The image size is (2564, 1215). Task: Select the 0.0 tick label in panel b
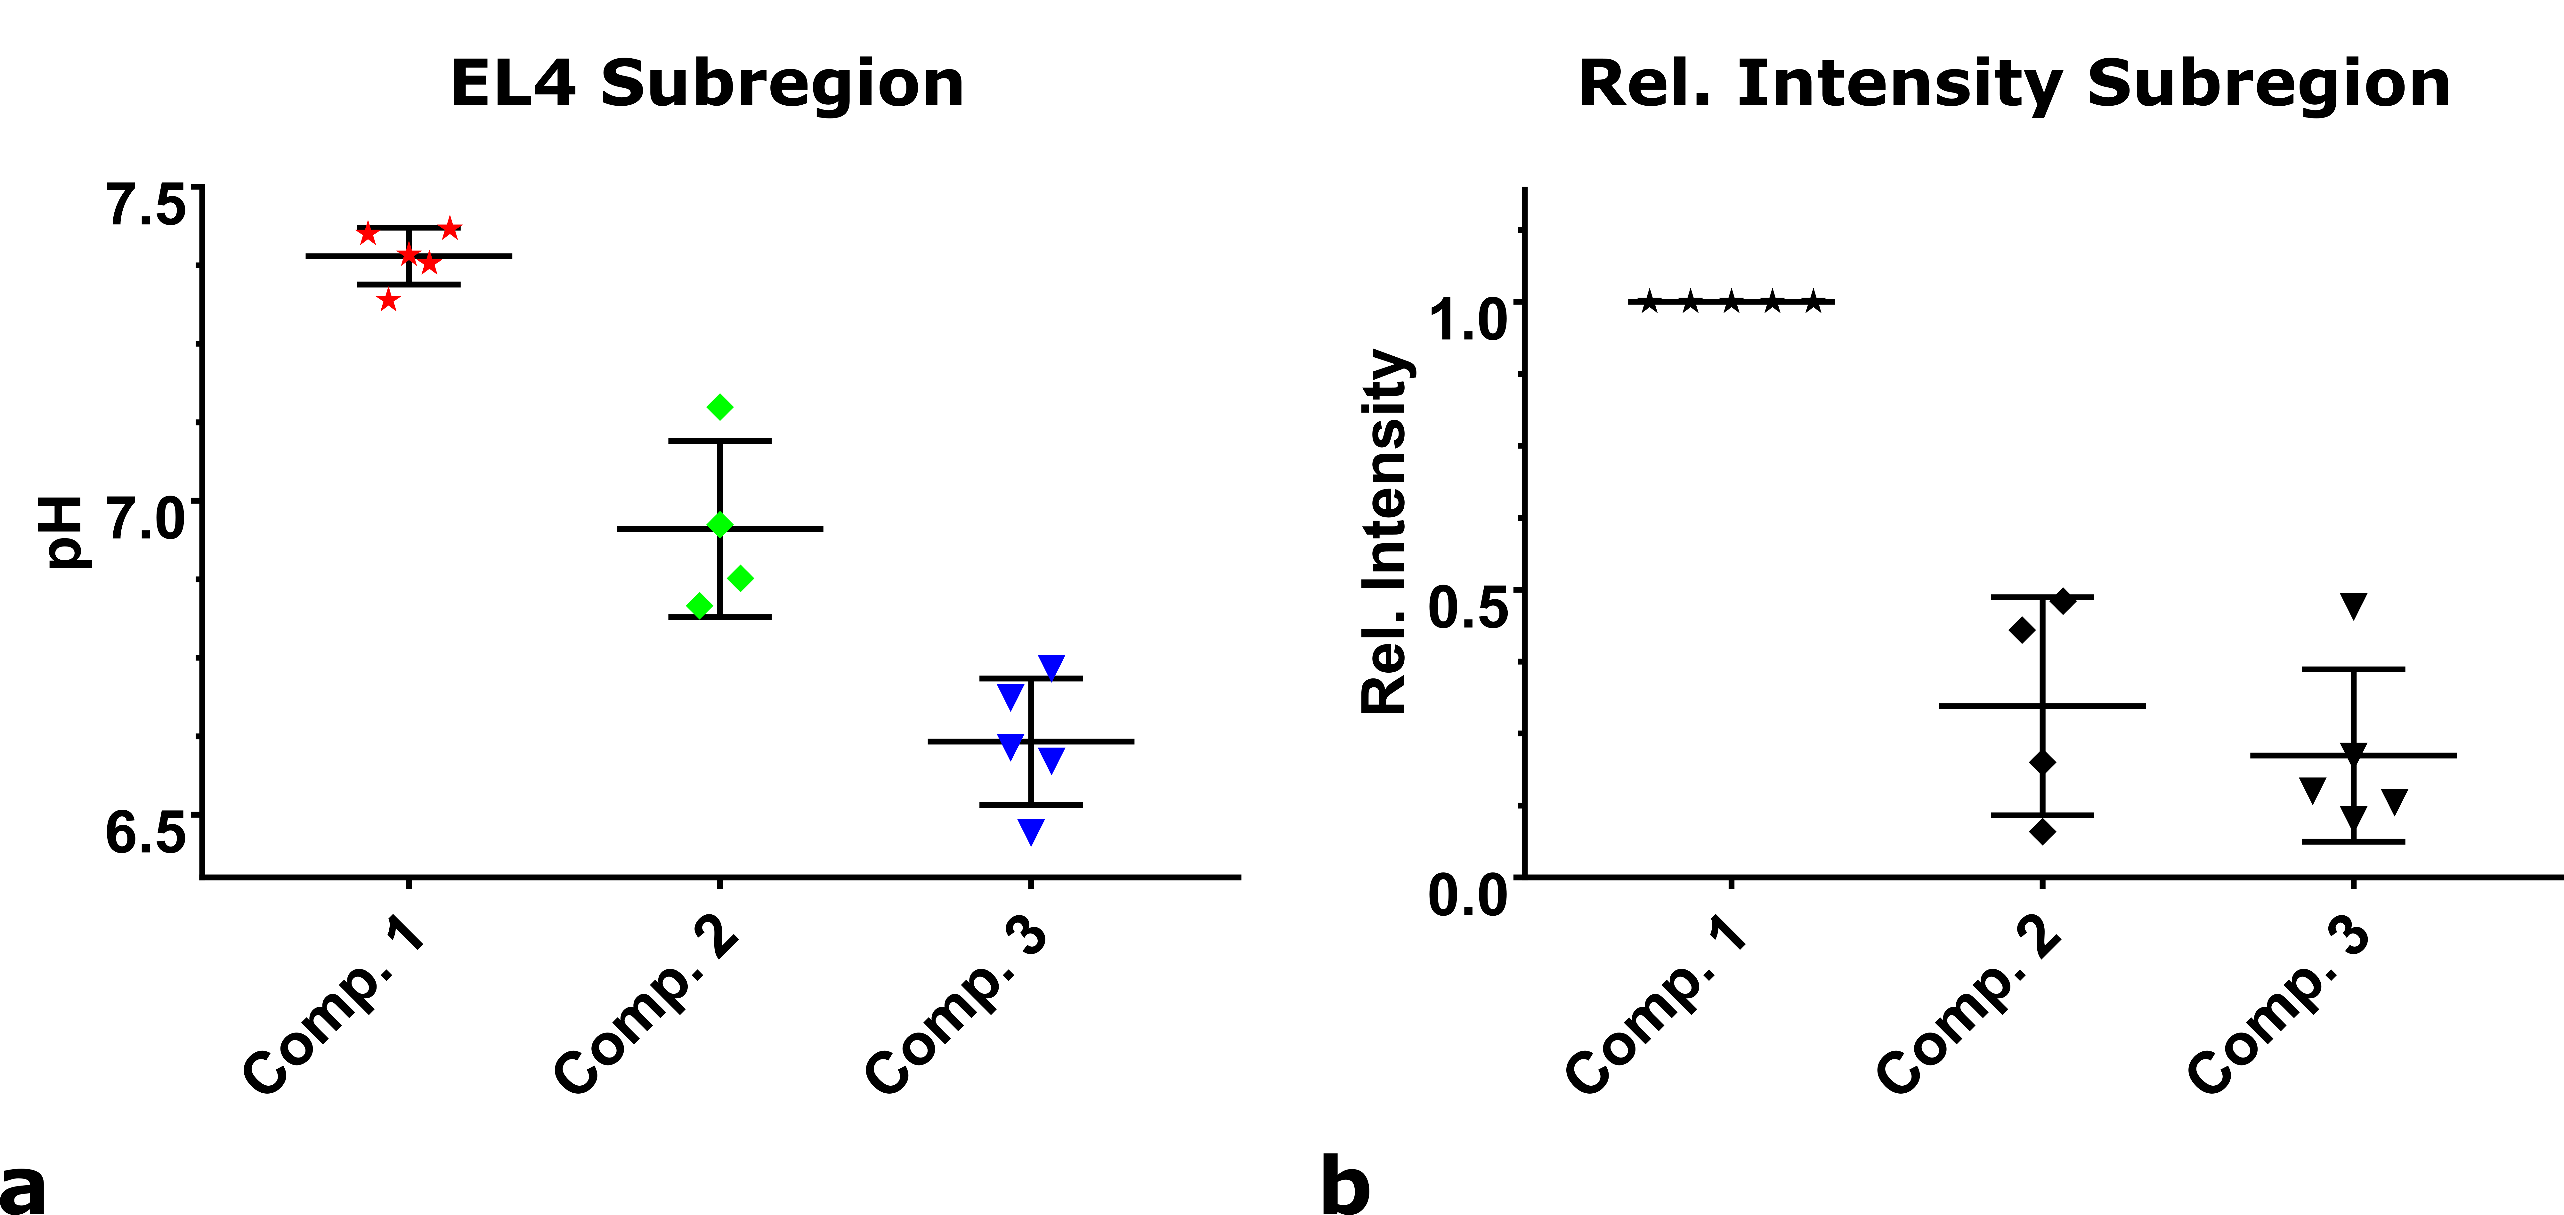(x=1467, y=894)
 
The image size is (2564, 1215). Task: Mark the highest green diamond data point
(x=720, y=407)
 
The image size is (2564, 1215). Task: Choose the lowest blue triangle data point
(x=1031, y=831)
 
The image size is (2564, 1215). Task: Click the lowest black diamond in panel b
(x=2042, y=831)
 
